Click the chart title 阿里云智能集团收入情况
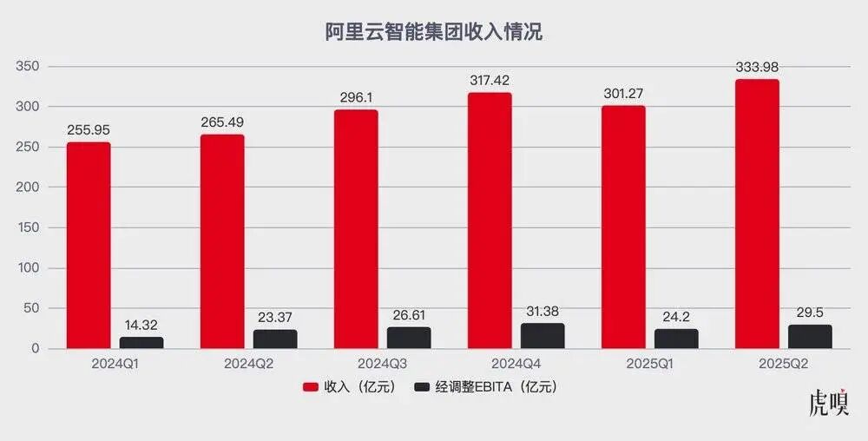(x=433, y=32)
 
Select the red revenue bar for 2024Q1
(x=89, y=246)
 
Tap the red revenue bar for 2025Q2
(x=757, y=214)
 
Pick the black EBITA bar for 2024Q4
(x=542, y=336)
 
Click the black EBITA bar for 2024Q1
(x=141, y=343)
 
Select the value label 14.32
(x=141, y=326)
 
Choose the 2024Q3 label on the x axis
(x=382, y=364)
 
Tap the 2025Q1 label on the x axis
(x=649, y=364)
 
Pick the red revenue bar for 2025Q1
(x=623, y=227)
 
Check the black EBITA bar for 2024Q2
(x=275, y=339)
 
